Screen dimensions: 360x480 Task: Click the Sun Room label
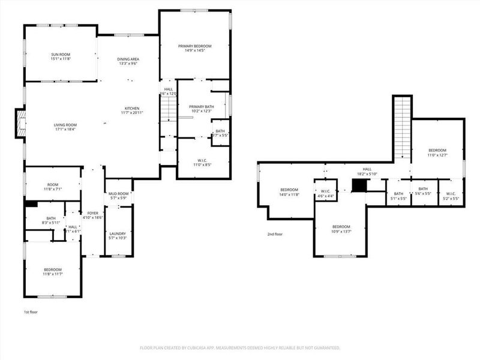(61, 55)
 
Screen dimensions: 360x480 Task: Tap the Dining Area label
(128, 58)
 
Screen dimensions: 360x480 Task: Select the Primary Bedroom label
(194, 46)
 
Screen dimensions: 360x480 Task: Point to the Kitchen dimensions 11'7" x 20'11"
(132, 113)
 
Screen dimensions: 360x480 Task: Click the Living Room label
(65, 125)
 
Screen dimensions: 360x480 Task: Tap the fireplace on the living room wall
(20, 122)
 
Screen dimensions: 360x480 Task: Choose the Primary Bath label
(201, 106)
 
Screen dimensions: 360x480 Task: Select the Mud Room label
(118, 194)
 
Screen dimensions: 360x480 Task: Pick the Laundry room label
(118, 234)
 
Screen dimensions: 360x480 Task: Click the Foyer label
(92, 213)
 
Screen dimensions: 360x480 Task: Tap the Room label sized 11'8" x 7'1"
(53, 185)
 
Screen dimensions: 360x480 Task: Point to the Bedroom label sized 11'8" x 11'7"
(53, 270)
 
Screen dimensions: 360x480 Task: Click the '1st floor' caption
(31, 313)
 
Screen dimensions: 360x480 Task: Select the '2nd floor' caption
(275, 234)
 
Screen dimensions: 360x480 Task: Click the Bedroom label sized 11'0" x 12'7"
(437, 150)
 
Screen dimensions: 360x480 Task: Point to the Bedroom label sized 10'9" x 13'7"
(341, 227)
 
